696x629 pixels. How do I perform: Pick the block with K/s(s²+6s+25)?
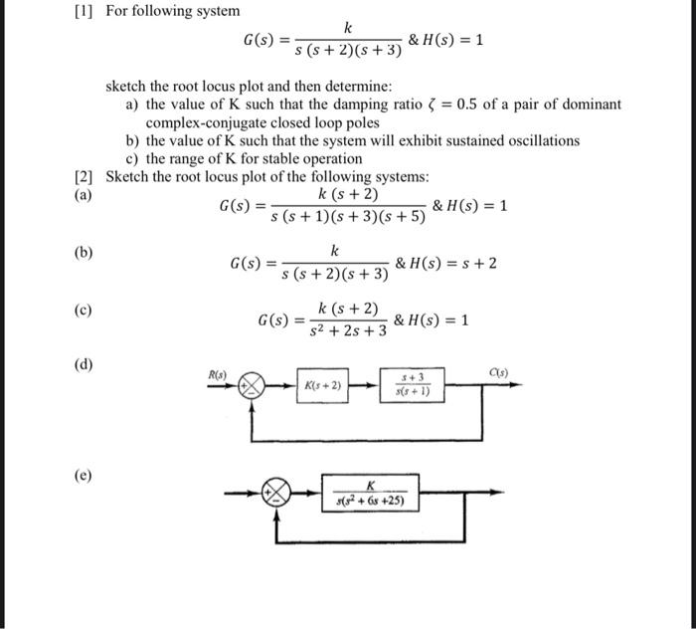tap(369, 493)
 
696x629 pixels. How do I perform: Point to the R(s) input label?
tap(217, 373)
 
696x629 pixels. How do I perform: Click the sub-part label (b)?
tap(85, 253)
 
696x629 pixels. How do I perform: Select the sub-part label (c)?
tap(85, 311)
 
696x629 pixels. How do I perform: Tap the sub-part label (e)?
tap(85, 475)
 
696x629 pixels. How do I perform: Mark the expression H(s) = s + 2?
tap(445, 263)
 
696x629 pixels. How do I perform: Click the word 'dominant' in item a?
tap(591, 104)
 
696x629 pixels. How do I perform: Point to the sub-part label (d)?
tap(85, 364)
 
